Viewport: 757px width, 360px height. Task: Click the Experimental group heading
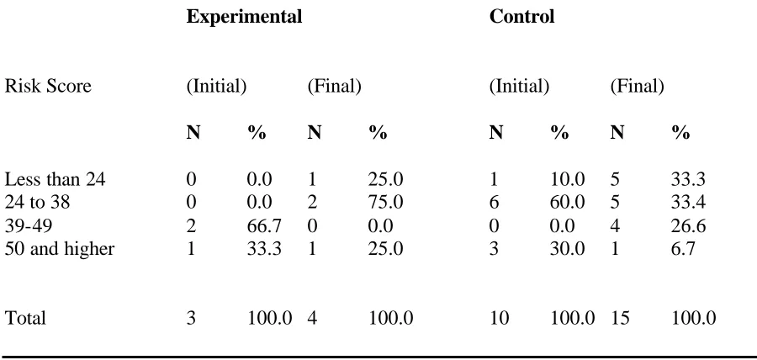click(244, 18)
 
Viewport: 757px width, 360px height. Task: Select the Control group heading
click(521, 17)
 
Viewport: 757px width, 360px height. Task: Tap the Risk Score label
click(48, 87)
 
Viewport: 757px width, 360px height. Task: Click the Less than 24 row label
click(55, 179)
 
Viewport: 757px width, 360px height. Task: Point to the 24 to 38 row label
click(37, 202)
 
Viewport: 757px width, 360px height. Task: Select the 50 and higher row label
click(60, 249)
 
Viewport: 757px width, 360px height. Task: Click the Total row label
click(25, 319)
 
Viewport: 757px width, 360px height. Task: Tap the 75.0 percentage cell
click(386, 202)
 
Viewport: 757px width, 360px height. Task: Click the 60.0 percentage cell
click(567, 202)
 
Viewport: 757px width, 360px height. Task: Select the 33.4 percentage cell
click(688, 202)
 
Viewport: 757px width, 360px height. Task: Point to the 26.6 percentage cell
click(688, 225)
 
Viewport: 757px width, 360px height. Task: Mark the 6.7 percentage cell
click(683, 248)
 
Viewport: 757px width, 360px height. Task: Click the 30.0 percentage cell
click(567, 248)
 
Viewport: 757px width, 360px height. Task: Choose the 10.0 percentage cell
click(567, 179)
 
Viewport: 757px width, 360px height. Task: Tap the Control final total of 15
click(620, 319)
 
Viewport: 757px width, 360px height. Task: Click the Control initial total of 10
click(499, 319)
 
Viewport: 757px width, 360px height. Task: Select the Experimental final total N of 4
click(313, 319)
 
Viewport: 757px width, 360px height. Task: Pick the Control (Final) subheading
click(637, 87)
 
